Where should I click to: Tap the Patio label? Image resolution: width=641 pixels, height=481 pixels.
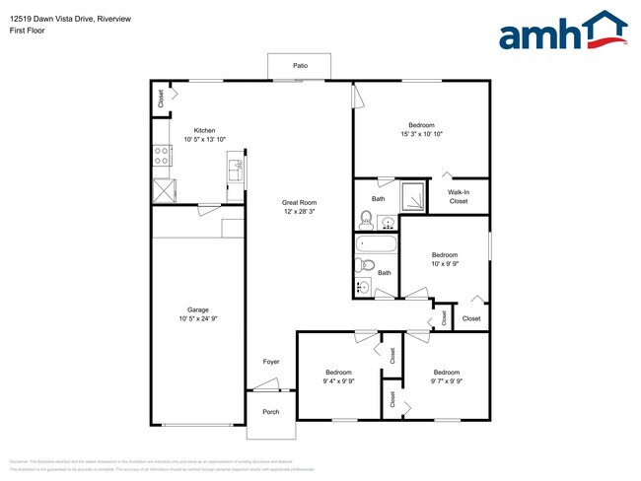point(300,66)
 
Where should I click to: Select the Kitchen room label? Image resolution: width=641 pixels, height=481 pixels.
point(204,130)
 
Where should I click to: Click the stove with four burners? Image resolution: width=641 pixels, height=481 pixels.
point(161,154)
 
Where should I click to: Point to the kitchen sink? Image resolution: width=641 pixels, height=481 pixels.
point(236,171)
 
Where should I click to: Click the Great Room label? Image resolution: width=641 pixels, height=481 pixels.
point(298,202)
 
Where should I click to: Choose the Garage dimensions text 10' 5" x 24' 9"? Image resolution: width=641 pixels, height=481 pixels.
point(198,318)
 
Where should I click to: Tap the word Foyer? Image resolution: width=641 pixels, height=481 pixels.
point(271,363)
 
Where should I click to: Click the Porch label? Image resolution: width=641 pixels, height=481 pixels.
point(270,412)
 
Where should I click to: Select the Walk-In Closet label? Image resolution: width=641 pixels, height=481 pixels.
point(459,196)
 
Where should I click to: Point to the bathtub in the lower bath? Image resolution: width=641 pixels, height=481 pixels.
point(376,242)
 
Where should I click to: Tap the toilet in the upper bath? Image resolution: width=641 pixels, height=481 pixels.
point(365,218)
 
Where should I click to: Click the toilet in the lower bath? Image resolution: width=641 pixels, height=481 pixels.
point(364,264)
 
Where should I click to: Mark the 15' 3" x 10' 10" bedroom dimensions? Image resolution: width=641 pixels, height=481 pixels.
point(421,135)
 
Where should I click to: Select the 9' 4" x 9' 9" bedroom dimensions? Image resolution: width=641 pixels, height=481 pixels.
point(338,380)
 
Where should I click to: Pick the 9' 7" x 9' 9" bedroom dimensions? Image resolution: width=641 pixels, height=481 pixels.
point(445,380)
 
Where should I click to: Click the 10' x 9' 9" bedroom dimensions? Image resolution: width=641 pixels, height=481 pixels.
point(445,263)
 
